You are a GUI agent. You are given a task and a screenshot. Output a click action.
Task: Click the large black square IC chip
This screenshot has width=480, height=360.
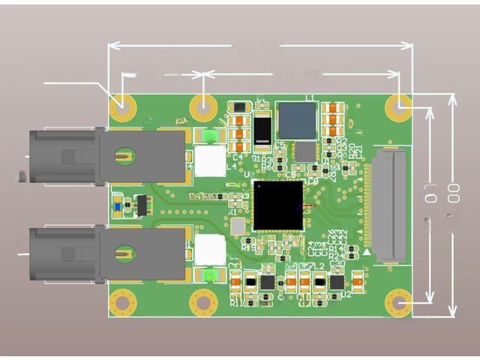[278, 205]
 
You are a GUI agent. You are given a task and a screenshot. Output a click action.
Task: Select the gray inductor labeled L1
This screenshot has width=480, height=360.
[298, 120]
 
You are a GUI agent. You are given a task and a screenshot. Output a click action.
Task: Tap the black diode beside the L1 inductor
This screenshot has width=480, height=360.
[262, 131]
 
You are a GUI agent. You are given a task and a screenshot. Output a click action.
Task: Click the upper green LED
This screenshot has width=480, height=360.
[209, 136]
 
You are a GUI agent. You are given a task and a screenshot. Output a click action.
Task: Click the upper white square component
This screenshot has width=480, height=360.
[210, 160]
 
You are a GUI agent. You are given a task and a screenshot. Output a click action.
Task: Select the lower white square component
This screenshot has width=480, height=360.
[210, 250]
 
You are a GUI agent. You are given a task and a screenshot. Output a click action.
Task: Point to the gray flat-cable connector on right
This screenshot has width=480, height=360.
[389, 205]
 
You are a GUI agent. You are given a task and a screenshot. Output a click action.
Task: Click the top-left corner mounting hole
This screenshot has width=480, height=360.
[122, 107]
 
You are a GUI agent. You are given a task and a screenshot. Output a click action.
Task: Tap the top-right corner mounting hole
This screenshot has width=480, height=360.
[398, 107]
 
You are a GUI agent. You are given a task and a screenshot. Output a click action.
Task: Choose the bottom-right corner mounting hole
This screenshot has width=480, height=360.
[398, 303]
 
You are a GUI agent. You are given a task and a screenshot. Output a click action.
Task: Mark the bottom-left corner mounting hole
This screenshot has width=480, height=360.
[122, 303]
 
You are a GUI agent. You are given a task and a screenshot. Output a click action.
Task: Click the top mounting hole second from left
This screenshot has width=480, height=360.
[202, 107]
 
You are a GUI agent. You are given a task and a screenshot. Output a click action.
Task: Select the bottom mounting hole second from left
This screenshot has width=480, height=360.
[202, 303]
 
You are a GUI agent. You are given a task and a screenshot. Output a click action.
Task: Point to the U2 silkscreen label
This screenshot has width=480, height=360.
[346, 294]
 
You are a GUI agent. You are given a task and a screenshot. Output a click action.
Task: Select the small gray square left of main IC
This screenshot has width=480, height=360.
[237, 226]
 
